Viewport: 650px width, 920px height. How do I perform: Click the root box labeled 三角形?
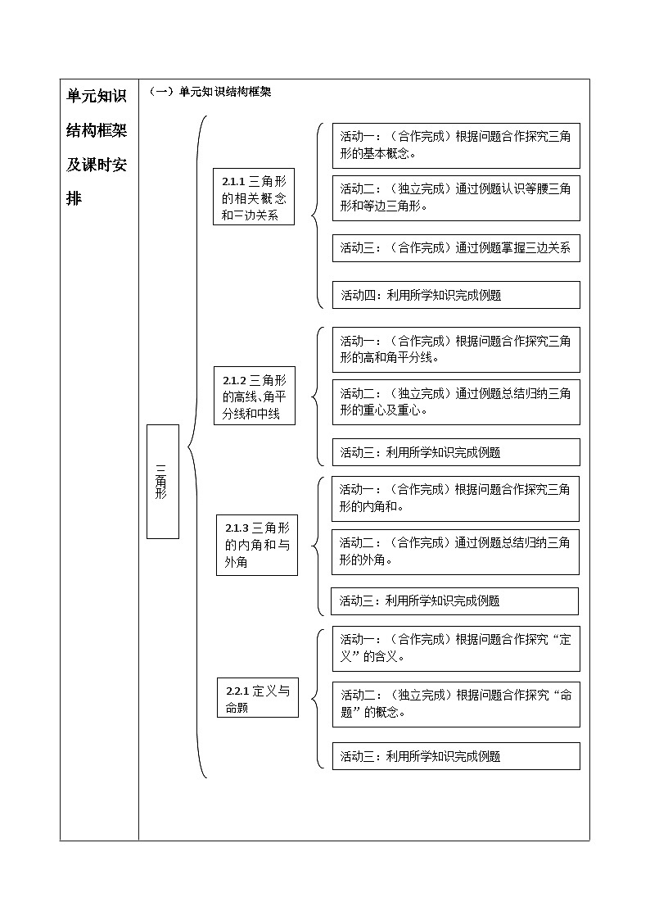pyautogui.click(x=162, y=481)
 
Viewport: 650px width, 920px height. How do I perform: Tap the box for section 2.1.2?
pyautogui.click(x=254, y=397)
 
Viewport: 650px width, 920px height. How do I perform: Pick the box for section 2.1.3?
pyautogui.click(x=256, y=545)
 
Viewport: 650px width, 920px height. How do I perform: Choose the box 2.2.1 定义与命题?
pyautogui.click(x=257, y=698)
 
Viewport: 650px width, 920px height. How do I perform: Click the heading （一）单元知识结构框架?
pyautogui.click(x=210, y=92)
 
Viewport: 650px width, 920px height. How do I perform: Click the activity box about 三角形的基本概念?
pyautogui.click(x=455, y=145)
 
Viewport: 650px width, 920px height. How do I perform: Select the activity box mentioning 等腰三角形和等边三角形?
pyautogui.click(x=455, y=197)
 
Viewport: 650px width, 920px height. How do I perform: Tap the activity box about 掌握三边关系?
pyautogui.click(x=455, y=247)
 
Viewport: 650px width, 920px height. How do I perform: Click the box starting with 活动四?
pyautogui.click(x=455, y=295)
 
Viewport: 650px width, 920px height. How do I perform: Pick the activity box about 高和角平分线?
pyautogui.click(x=455, y=349)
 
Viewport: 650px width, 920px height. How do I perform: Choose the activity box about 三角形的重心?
pyautogui.click(x=455, y=401)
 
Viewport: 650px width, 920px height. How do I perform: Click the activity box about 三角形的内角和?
pyautogui.click(x=455, y=498)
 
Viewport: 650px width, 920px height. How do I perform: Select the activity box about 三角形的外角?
pyautogui.click(x=455, y=551)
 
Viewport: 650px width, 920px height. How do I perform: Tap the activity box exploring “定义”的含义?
pyautogui.click(x=455, y=648)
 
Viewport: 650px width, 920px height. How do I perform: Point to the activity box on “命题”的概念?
pyautogui.click(x=455, y=703)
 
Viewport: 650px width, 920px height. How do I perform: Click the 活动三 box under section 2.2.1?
pyautogui.click(x=455, y=756)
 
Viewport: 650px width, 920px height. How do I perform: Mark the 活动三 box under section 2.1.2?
pyautogui.click(x=455, y=451)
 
